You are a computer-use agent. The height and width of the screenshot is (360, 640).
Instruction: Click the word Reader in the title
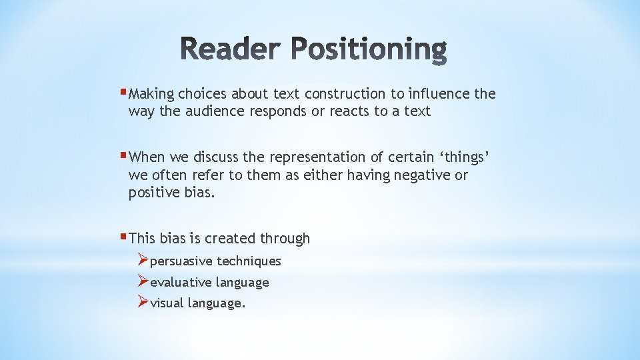231,51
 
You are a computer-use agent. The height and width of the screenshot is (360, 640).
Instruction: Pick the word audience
214,111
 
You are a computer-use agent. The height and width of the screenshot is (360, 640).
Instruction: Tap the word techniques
249,261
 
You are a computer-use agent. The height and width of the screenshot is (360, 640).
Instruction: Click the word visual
167,304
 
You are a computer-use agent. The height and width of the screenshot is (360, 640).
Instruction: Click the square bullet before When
124,155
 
